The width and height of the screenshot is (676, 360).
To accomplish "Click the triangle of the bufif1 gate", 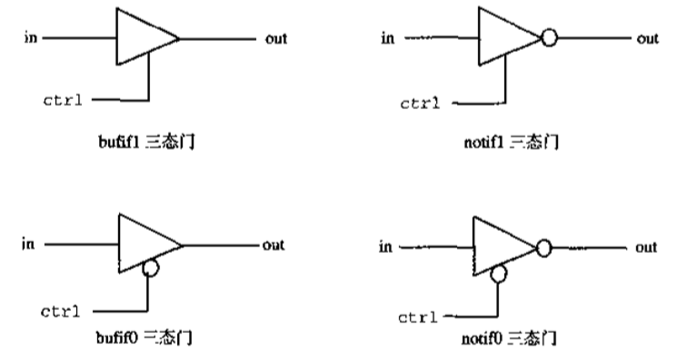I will [x=143, y=38].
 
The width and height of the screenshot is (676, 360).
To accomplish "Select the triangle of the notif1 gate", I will [x=504, y=38].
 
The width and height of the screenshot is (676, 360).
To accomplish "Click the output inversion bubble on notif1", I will [x=548, y=39].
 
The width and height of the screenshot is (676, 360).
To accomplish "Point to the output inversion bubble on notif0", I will [x=543, y=246].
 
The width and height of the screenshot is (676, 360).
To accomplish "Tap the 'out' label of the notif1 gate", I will [x=647, y=39].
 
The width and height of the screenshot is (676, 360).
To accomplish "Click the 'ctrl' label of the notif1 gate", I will [x=420, y=102].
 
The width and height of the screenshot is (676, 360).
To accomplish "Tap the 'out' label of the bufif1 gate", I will [x=275, y=39].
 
